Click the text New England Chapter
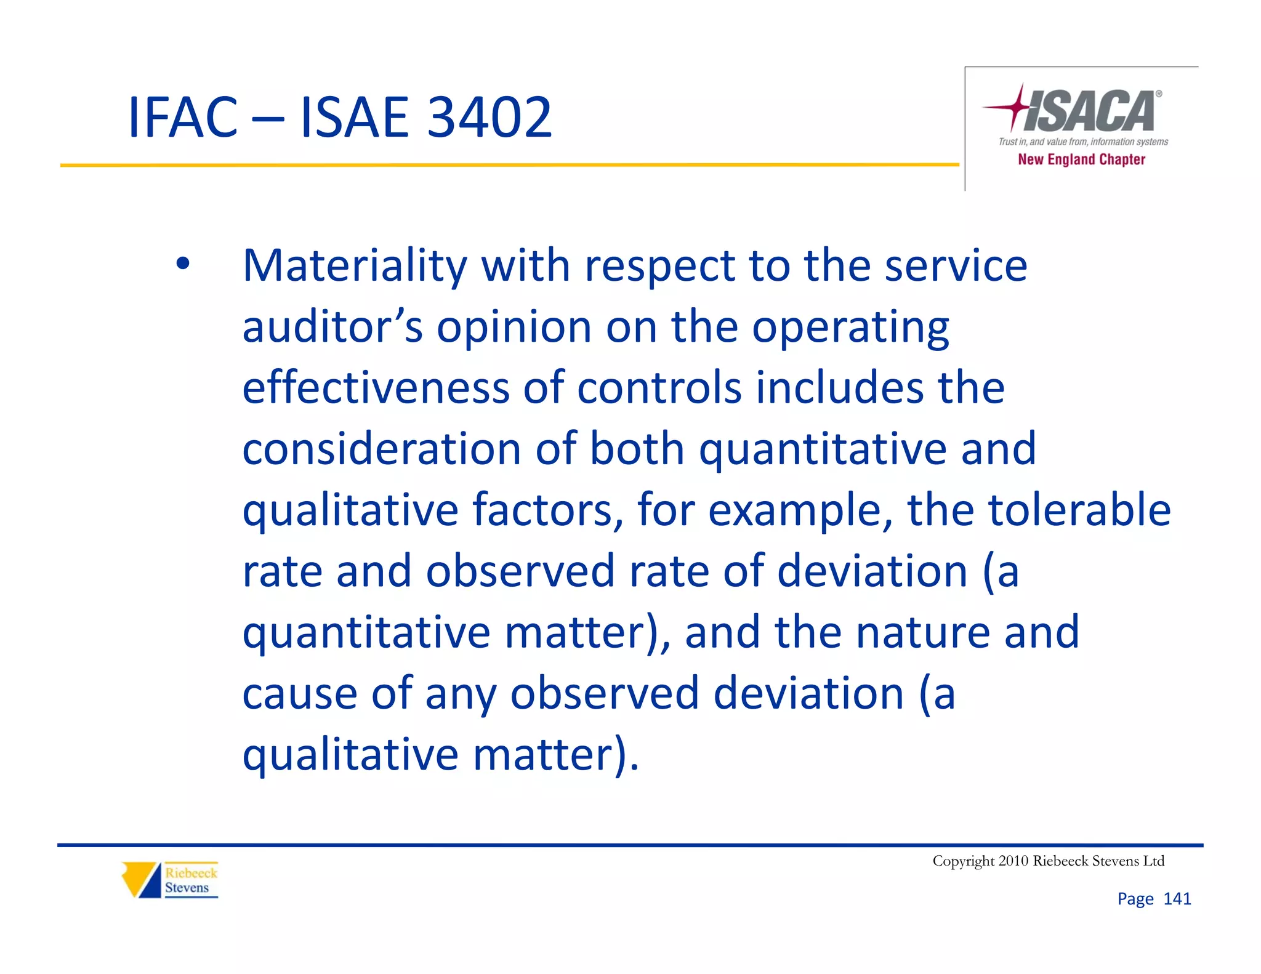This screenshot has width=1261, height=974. pyautogui.click(x=1081, y=159)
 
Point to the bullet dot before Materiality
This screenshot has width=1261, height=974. pyautogui.click(x=182, y=264)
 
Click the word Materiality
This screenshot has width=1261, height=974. pyautogui.click(x=355, y=266)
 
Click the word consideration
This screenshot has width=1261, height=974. pyautogui.click(x=382, y=449)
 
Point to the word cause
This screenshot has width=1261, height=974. pyautogui.click(x=300, y=694)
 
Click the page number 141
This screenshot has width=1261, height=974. pyautogui.click(x=1177, y=899)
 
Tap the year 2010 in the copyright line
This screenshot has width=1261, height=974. pyautogui.click(x=1013, y=861)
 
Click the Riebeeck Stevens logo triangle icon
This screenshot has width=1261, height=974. pyautogui.click(x=141, y=880)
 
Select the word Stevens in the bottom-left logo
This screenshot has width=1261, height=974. pyautogui.click(x=187, y=888)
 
